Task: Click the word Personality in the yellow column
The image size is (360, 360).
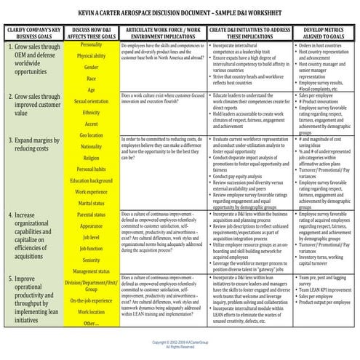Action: [x=90, y=45]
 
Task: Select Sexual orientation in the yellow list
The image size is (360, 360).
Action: [x=90, y=101]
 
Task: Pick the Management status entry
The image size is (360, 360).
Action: [x=90, y=271]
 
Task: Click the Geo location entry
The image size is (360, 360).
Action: [x=90, y=135]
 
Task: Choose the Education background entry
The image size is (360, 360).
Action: [x=90, y=180]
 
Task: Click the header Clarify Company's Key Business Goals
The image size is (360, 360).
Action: [x=33, y=32]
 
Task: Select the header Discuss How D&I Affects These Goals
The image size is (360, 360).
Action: [x=90, y=32]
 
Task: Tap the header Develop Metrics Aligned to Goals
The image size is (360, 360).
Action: [x=325, y=32]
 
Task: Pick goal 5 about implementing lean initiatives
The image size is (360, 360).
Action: [x=36, y=297]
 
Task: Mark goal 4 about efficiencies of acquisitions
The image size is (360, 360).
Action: [x=36, y=220]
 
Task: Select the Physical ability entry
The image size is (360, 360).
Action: [x=90, y=56]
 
